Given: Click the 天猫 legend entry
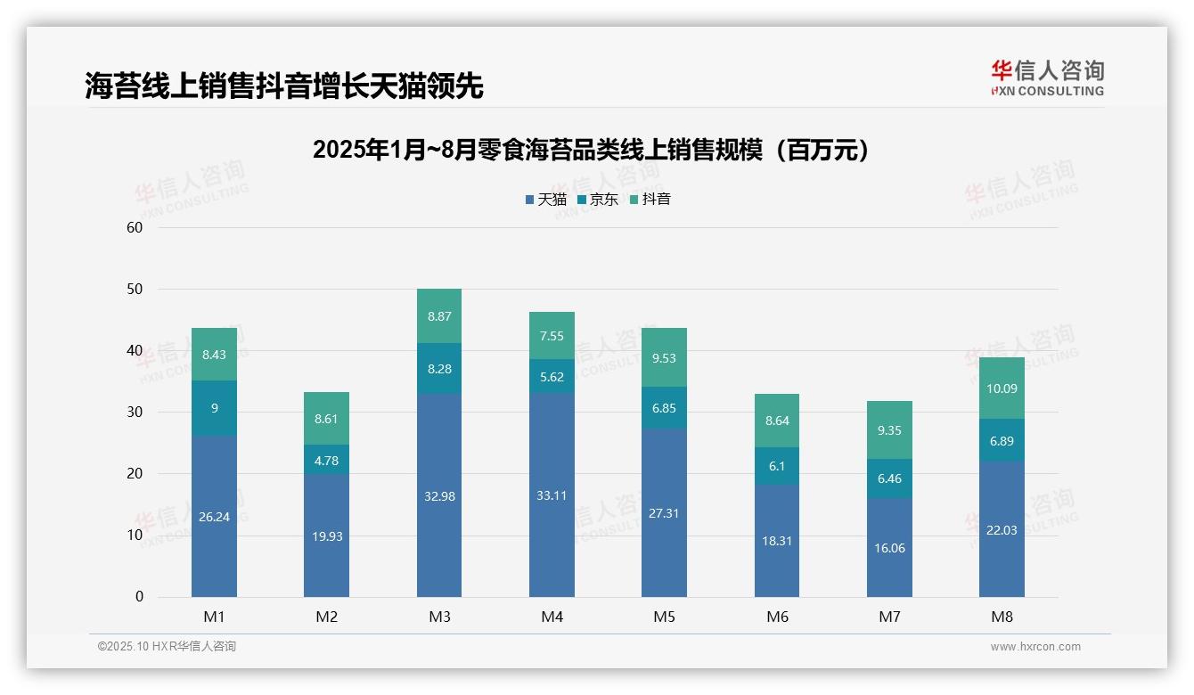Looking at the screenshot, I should (x=546, y=200).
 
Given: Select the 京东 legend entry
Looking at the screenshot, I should (x=598, y=200).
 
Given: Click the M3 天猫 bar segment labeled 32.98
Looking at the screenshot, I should (x=439, y=495).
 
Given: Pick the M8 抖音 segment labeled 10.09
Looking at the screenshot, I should (x=1002, y=388).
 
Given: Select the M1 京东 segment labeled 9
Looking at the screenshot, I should (x=214, y=408).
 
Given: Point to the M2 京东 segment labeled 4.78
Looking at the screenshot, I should (x=326, y=460).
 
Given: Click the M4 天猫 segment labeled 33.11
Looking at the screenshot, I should (x=552, y=495).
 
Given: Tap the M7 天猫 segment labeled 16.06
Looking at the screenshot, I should (x=889, y=547).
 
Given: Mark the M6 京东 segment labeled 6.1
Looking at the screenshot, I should (x=777, y=466).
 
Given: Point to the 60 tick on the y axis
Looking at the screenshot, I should (x=135, y=227).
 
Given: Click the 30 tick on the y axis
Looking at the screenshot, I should (x=135, y=413).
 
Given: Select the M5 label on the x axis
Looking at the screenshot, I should (x=664, y=617).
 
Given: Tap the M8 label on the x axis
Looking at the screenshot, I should (x=1002, y=617).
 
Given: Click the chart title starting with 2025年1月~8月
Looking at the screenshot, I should (x=591, y=150).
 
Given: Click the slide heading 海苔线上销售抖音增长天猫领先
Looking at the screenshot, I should (x=284, y=86).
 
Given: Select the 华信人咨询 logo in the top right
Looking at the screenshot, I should (x=1047, y=78).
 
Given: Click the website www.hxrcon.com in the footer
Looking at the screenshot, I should (x=1035, y=647).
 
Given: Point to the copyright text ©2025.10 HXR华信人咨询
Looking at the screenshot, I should (x=167, y=647).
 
